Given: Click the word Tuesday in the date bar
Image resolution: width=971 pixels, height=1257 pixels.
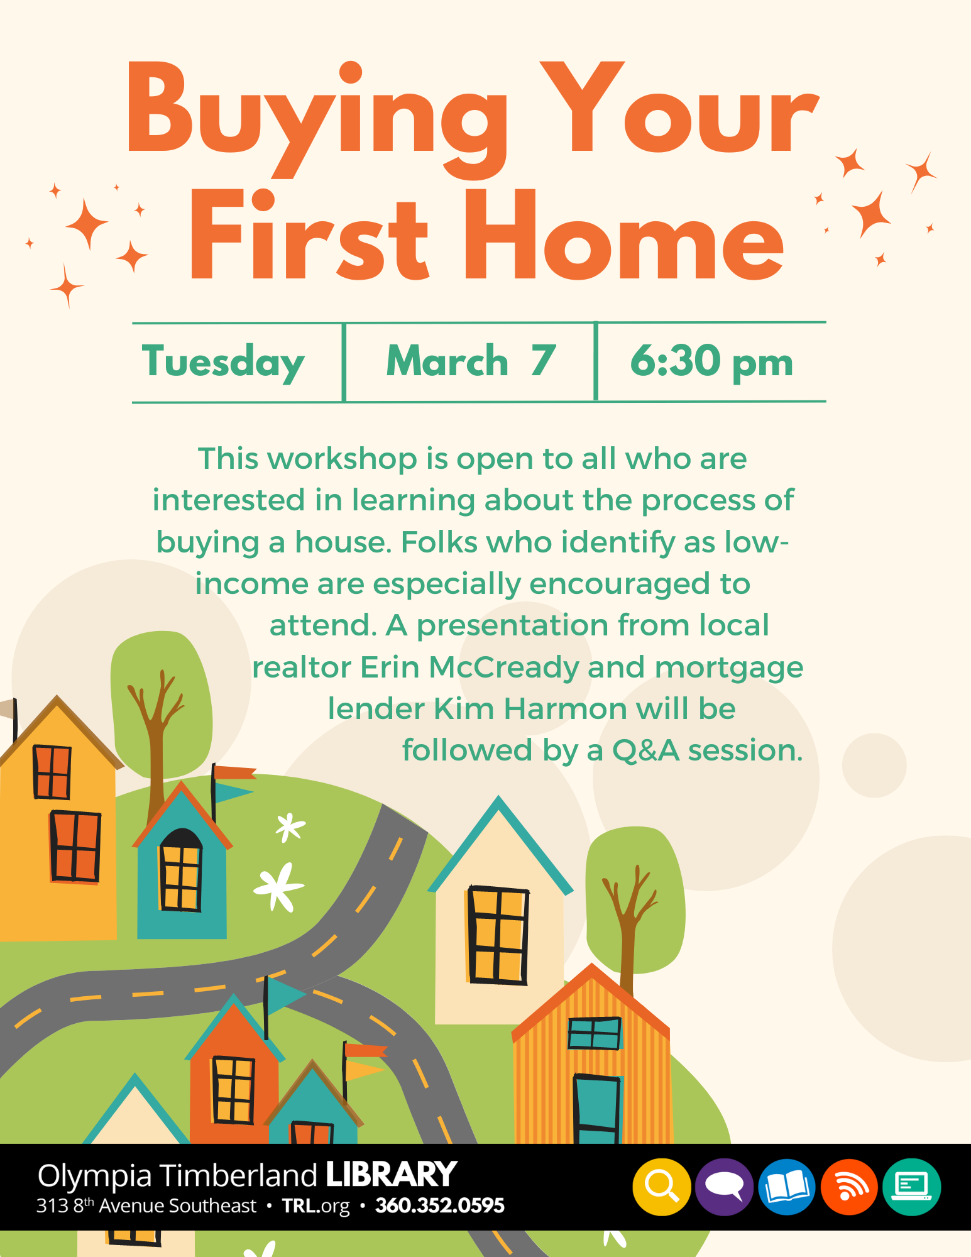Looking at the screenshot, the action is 223,363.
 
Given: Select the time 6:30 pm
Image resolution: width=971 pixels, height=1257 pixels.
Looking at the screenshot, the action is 711,362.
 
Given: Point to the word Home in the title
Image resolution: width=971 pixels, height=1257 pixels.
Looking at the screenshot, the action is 624,235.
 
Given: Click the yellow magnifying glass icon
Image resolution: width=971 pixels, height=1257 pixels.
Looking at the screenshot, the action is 662,1187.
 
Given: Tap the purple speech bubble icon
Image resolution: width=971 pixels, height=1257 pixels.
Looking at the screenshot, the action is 725,1187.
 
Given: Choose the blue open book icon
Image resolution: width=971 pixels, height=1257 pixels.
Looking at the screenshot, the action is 787,1187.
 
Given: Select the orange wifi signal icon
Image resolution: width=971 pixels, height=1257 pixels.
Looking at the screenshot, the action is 849,1187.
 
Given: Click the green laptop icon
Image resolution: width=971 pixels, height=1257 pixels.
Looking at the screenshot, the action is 911,1187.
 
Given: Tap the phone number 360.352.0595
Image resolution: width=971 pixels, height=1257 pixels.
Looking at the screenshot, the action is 440,1205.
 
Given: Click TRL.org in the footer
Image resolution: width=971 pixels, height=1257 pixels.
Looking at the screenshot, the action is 316,1206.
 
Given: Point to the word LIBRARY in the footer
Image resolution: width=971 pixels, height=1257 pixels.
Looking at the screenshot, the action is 391,1175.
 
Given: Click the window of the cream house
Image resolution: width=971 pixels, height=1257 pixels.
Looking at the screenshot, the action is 497,935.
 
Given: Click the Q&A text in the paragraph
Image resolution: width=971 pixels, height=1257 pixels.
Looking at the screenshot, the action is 646,750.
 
